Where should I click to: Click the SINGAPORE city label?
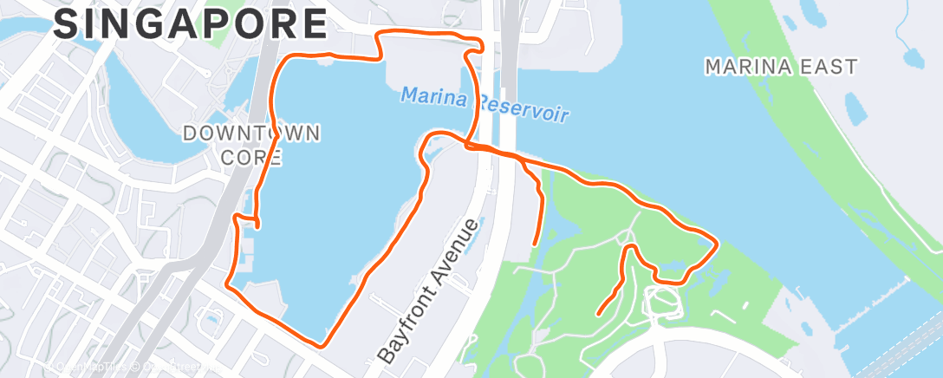tap(191, 24)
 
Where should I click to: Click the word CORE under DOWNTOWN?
tap(251, 158)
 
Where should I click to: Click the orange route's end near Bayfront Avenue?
tap(532, 244)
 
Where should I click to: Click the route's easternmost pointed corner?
tap(716, 244)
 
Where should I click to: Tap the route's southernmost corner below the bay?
tap(322, 345)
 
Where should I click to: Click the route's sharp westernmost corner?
tap(227, 283)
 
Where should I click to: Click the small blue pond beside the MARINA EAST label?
tap(912, 57)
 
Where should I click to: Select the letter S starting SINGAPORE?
tap(65, 24)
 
